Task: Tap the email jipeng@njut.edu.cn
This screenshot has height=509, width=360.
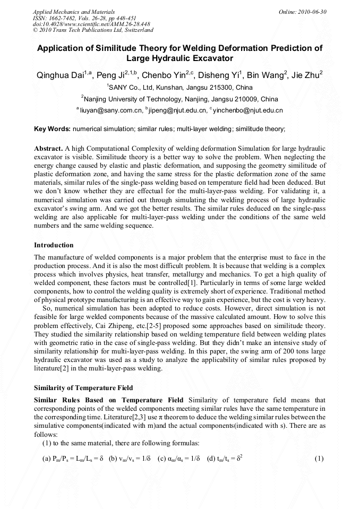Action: coord(177,111)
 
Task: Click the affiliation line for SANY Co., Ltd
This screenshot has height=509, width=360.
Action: coord(179,87)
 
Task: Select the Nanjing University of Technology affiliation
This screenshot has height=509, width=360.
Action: coord(179,99)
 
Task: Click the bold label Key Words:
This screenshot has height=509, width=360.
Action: coord(52,129)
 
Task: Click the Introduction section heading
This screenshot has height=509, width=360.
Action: coord(54,245)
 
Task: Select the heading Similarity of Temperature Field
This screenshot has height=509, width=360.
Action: coord(83,388)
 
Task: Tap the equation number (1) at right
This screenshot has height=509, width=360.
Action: coord(319,458)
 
